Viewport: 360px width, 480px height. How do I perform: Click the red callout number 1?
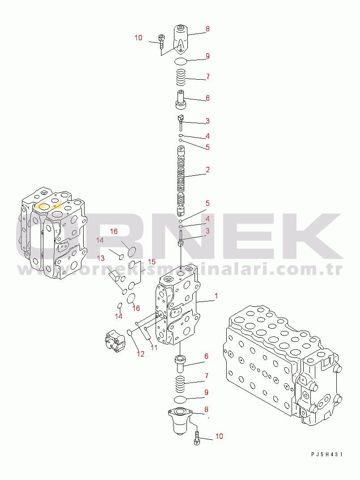pos(216,296)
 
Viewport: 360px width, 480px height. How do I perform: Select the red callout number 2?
pos(208,170)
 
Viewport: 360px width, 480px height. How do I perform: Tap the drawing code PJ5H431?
pos(327,455)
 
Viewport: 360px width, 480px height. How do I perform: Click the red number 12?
pos(140,354)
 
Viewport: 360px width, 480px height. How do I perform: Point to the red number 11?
pos(154,348)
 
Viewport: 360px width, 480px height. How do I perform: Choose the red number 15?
pos(152,262)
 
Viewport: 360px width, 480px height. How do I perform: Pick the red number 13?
pos(101,259)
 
